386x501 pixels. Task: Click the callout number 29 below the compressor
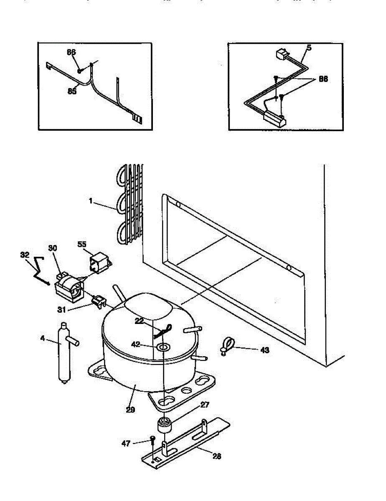[x=130, y=410]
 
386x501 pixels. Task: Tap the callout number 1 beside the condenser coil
[x=90, y=200]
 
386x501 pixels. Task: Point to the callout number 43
[x=264, y=350]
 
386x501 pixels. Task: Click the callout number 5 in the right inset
[x=309, y=48]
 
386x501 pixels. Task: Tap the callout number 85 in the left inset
[x=72, y=91]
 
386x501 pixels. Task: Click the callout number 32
[x=25, y=254]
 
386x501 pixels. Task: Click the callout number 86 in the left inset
[x=71, y=52]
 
